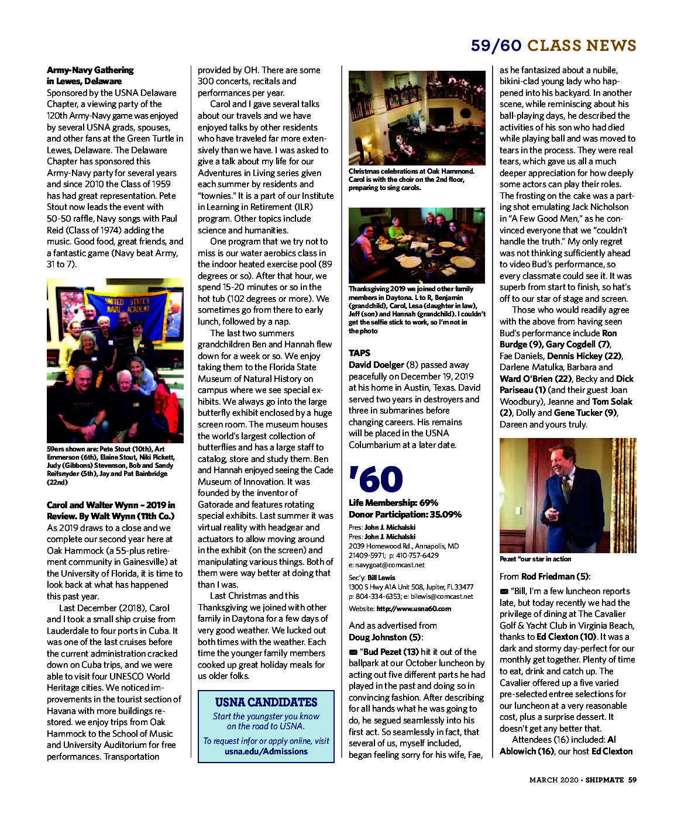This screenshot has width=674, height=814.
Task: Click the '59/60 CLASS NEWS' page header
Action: coord(553,46)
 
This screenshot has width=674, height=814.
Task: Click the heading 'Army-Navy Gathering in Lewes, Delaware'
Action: coord(90,75)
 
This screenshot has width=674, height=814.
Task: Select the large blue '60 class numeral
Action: coord(376,479)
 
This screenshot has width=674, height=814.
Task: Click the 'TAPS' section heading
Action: coord(359,353)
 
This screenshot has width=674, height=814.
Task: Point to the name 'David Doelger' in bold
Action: coord(376,364)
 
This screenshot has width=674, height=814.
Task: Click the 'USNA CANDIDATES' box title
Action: coord(266,702)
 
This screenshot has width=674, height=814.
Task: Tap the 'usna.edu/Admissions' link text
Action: coord(266,751)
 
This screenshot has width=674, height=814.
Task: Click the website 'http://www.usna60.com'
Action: coord(414,608)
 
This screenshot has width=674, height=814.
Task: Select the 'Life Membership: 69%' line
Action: coord(393,502)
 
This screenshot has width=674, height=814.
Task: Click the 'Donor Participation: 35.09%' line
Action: coord(405,514)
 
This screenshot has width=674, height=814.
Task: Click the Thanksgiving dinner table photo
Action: coord(417,246)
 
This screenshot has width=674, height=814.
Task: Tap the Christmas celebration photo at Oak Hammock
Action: coord(417,118)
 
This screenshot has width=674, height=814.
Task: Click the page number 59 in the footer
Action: coord(632,779)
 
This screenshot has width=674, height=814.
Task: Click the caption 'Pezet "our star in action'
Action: coord(535,559)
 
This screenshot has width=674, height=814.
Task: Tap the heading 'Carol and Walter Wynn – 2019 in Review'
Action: coord(111,511)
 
